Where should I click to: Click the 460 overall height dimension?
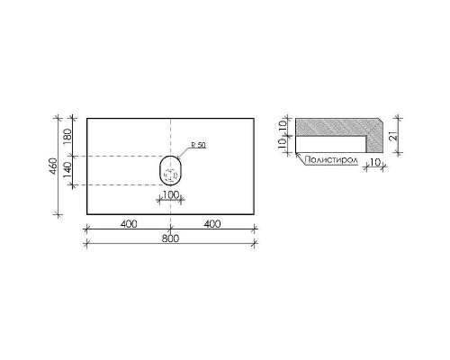point(52,166)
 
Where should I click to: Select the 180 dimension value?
point(67,137)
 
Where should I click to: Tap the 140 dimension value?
point(67,170)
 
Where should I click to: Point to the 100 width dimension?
point(171,195)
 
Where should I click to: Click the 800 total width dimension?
point(170,238)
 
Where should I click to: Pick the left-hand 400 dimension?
point(129,224)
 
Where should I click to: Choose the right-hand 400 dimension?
point(212,224)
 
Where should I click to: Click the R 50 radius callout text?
point(199,145)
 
